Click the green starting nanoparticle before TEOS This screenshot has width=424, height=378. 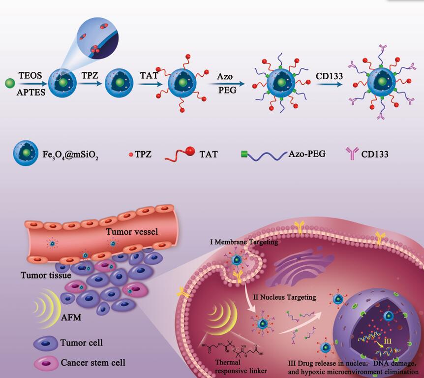click(9, 83)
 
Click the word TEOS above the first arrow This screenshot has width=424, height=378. click(30, 75)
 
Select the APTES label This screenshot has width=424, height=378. click(32, 91)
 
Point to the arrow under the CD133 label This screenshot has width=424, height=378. click(328, 84)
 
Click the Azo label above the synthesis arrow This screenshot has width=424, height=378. click(225, 76)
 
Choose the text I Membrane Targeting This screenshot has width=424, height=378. click(243, 242)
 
